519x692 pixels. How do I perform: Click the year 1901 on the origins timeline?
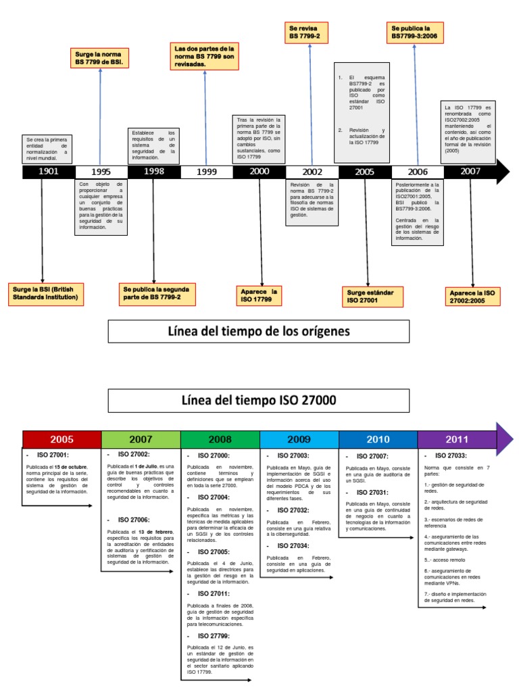(49, 172)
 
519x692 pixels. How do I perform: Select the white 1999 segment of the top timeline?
(206, 172)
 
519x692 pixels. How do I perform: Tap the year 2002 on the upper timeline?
(312, 172)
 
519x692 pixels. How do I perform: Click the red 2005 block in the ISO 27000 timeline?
(61, 439)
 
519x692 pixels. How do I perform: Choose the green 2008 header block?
(220, 439)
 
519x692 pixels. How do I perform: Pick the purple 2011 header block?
(457, 439)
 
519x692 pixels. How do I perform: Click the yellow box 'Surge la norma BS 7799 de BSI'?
(101, 57)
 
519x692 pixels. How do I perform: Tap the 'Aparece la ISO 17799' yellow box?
(259, 295)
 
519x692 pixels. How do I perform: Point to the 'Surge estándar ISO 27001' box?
(370, 295)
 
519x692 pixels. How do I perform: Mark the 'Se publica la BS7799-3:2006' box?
(415, 32)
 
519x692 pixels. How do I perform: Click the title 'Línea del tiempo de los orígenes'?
(259, 331)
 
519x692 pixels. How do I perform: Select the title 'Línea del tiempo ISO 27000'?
(259, 400)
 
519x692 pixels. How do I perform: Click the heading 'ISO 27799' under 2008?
(214, 636)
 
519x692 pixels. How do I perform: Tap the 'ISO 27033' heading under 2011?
(449, 456)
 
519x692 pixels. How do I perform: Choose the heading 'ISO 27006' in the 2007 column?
(134, 519)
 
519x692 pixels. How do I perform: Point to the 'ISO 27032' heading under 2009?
(293, 510)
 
